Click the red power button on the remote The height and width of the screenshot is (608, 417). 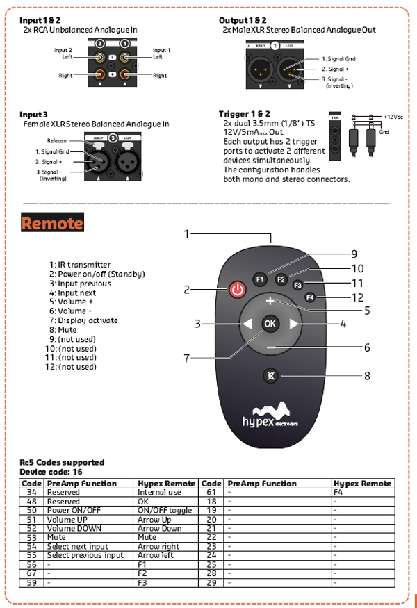point(238,290)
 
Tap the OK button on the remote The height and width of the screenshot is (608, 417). point(270,323)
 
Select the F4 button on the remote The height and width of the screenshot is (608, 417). point(310,297)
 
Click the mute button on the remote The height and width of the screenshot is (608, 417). point(270,376)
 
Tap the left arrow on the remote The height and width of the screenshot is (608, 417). point(246,324)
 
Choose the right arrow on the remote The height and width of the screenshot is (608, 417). point(294,324)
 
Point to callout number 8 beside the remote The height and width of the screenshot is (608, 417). point(367,376)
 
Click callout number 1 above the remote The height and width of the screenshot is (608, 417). point(186,234)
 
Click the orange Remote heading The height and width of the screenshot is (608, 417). point(52,223)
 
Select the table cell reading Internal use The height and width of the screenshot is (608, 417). point(159,492)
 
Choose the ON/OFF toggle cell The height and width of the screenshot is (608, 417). point(165,510)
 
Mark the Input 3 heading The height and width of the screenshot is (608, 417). point(33,114)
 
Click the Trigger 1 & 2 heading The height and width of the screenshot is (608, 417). point(244,113)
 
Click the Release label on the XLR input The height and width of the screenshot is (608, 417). point(57,140)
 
